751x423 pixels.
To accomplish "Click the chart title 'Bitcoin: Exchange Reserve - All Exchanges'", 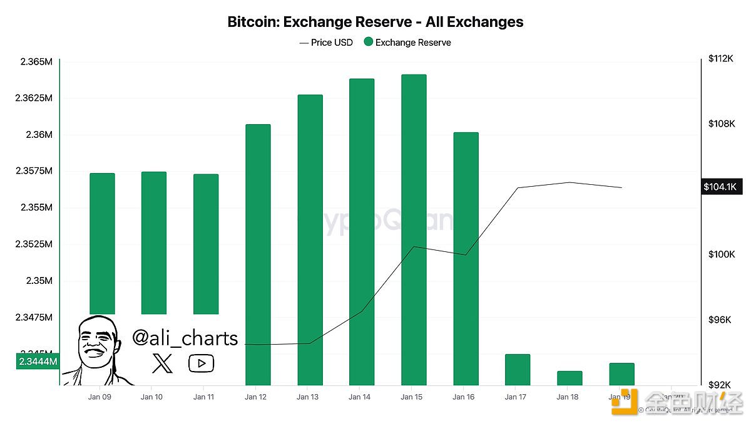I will [x=375, y=22].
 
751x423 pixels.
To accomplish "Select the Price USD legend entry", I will [x=326, y=43].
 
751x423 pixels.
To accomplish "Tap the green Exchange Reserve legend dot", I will [x=368, y=43].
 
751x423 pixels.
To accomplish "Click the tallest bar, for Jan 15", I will [x=414, y=229].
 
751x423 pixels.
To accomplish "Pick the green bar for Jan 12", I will [x=258, y=254].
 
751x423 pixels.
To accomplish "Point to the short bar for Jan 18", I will [x=570, y=378].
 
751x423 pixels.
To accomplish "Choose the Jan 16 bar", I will [x=466, y=258].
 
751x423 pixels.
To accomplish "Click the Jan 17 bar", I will [x=518, y=369].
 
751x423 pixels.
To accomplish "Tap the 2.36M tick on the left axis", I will [x=39, y=135].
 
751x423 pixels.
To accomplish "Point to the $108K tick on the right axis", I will [x=721, y=123].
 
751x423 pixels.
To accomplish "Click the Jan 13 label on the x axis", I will [x=307, y=397].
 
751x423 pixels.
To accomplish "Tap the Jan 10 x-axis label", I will [x=151, y=397].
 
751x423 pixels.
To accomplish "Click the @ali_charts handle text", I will [x=185, y=338].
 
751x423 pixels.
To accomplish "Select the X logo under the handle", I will [x=161, y=363].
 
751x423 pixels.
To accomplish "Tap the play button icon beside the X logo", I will [x=201, y=363].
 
